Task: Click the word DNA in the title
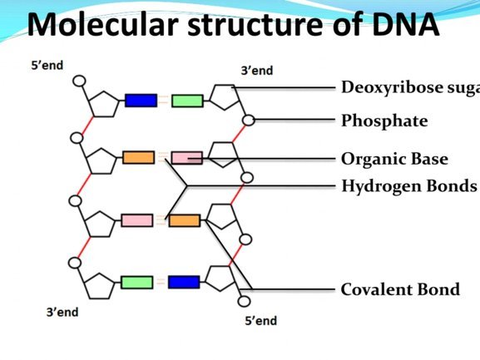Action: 406,24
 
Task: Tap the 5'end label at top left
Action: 47,66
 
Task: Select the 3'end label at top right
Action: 257,71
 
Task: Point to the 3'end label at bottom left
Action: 62,313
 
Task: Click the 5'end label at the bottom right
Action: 261,321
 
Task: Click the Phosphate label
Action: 384,121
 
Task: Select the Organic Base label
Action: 394,160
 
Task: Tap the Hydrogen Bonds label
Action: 409,186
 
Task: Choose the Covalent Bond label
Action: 400,289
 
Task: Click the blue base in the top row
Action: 141,101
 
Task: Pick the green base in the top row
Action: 187,101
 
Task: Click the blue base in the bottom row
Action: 184,282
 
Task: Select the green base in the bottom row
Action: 136,283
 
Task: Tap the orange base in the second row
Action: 139,157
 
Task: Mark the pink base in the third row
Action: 136,220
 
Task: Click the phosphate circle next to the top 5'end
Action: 79,81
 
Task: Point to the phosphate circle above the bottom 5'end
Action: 244,301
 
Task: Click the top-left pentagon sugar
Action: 104,104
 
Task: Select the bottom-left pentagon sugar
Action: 99,286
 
